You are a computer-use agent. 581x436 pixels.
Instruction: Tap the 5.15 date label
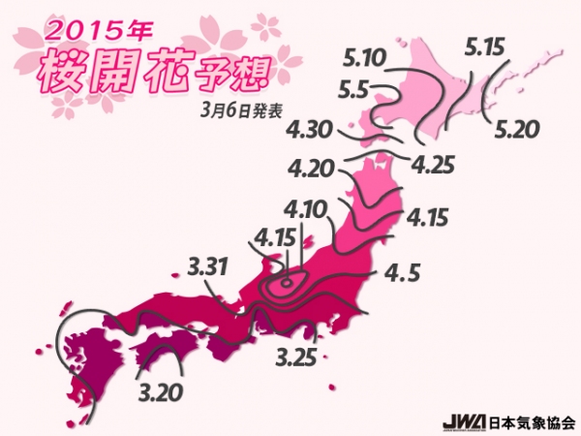487,46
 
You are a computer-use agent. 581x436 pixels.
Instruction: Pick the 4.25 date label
433,165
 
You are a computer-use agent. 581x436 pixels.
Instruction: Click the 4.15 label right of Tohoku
427,217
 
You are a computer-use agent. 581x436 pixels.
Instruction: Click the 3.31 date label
207,264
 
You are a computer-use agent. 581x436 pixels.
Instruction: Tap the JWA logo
459,422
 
